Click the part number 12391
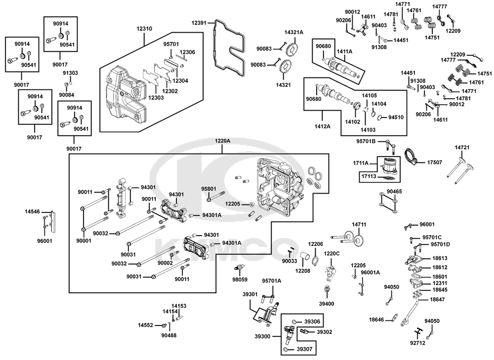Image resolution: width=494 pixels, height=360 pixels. (x=199, y=23)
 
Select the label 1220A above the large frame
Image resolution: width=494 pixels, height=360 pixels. (x=222, y=141)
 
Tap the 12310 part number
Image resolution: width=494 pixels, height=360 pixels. (x=144, y=29)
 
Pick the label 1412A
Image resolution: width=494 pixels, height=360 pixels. (x=323, y=126)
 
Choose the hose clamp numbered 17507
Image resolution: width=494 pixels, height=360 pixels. (x=410, y=157)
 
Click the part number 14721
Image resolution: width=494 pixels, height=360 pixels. (x=462, y=147)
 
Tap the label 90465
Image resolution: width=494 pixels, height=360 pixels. (x=394, y=192)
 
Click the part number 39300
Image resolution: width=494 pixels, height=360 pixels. (x=262, y=336)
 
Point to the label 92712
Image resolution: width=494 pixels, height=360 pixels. (x=417, y=343)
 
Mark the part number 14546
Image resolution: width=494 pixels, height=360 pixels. (x=33, y=212)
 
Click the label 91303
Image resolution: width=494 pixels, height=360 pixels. (x=70, y=73)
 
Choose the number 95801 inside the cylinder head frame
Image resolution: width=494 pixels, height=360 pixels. (x=208, y=189)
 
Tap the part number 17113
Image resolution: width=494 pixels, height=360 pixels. (x=369, y=176)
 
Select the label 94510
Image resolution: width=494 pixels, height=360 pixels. (x=396, y=117)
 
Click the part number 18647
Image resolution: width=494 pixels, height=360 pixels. (x=437, y=300)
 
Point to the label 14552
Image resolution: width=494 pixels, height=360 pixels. (x=146, y=325)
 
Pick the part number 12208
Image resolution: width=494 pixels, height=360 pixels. (x=302, y=271)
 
